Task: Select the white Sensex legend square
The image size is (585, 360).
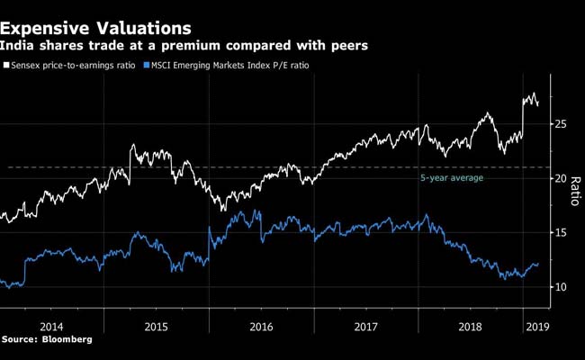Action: click(x=6, y=65)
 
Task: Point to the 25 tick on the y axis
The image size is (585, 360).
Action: click(x=560, y=123)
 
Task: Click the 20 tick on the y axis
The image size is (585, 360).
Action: click(x=560, y=178)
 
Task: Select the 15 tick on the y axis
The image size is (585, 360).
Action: click(x=560, y=232)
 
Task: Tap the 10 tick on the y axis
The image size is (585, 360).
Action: click(x=560, y=287)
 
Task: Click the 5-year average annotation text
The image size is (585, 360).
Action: click(x=452, y=178)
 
